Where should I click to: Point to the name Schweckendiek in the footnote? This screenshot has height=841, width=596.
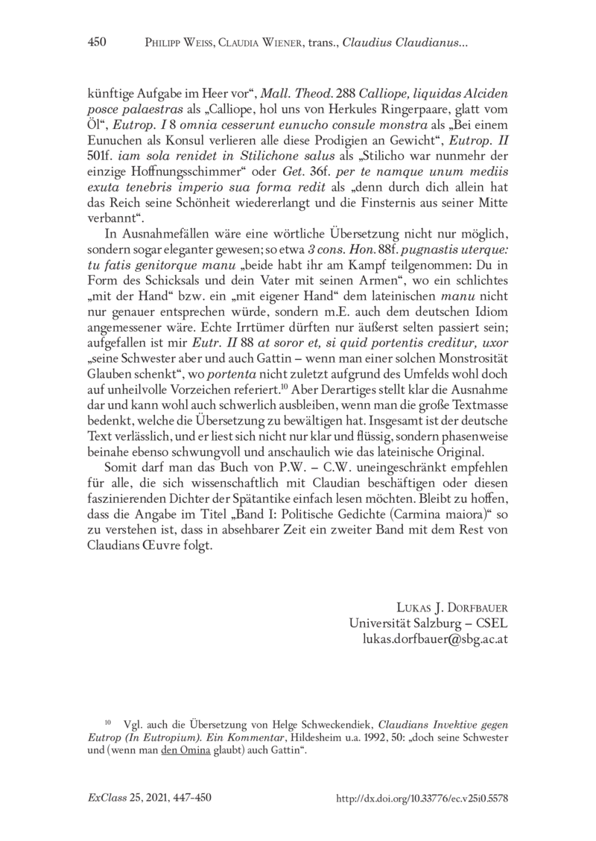point(333,723)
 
